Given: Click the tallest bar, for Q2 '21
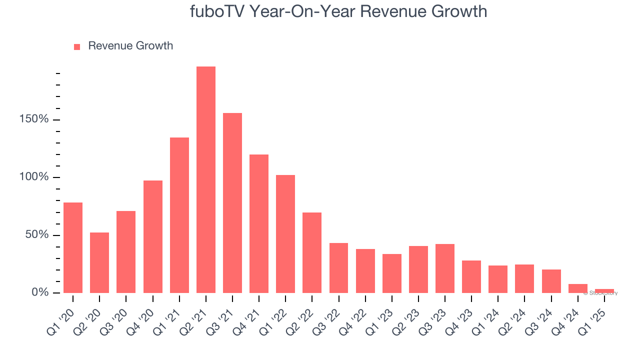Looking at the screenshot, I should click(x=206, y=180).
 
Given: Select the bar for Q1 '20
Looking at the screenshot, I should click(x=73, y=247).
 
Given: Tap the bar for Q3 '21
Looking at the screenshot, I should click(x=232, y=203).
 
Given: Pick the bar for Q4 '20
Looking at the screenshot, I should click(x=153, y=236).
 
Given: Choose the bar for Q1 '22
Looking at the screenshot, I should click(x=285, y=234).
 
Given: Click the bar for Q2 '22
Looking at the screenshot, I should click(x=312, y=252).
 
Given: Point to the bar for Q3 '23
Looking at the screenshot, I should click(x=445, y=268).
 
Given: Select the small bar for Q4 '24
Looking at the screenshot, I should click(x=578, y=288).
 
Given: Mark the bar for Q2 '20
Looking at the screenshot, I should click(x=99, y=262).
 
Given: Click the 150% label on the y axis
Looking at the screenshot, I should click(x=34, y=119).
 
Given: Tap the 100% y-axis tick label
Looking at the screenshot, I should click(x=34, y=177).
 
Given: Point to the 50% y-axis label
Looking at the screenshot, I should click(x=37, y=234).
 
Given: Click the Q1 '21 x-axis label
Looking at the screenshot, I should click(x=165, y=320).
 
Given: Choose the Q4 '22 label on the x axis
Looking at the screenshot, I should click(x=351, y=320).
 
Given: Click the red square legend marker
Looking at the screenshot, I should click(x=77, y=47).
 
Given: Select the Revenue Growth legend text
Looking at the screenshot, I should click(x=130, y=46).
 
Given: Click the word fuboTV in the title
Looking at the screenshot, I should click(x=216, y=11).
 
